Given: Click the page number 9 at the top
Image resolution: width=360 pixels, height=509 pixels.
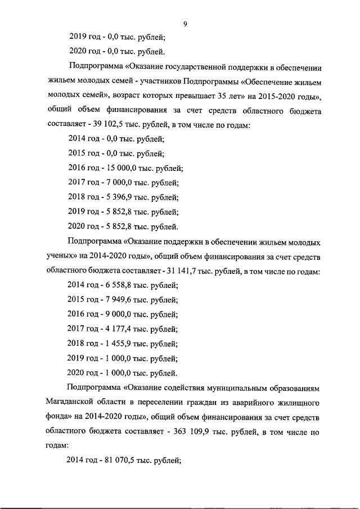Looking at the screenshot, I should tap(184, 22).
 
